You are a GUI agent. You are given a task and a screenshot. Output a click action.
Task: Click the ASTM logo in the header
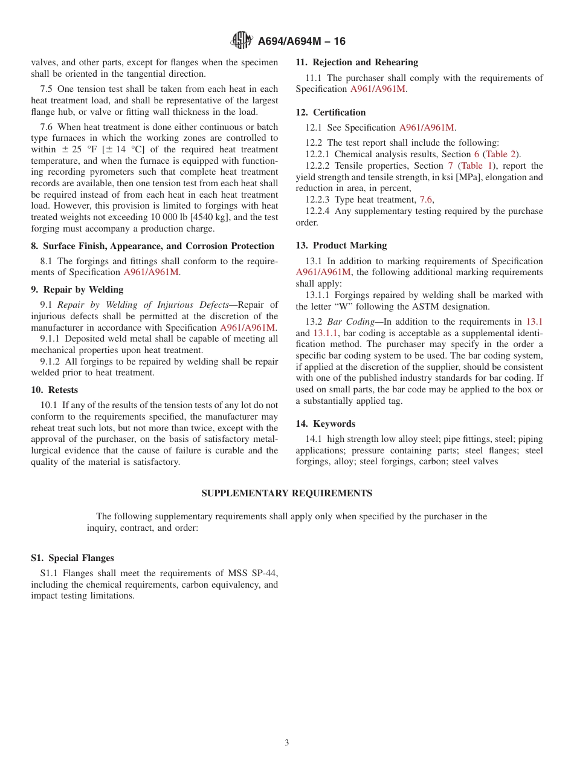[242, 41]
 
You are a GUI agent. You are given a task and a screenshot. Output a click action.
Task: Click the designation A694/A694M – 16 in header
[302, 41]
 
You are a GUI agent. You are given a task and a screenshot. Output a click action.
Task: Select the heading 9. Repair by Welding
[77, 290]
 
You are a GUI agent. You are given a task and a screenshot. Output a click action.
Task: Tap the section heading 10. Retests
[54, 390]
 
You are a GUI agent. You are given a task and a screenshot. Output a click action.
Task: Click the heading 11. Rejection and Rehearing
[356, 62]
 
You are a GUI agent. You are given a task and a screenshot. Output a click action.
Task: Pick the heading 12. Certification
[331, 112]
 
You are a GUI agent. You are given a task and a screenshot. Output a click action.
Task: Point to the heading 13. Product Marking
[341, 245]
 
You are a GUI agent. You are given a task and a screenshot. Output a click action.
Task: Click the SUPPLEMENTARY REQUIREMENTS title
[286, 493]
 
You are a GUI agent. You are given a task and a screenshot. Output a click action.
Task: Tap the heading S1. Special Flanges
[73, 558]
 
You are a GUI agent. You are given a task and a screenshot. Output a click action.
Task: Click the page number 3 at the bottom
[286, 743]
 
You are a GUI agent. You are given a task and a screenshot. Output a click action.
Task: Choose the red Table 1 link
[477, 166]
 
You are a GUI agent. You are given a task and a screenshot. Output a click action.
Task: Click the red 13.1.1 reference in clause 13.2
[326, 333]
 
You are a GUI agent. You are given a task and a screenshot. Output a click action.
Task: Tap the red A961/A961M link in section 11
[378, 89]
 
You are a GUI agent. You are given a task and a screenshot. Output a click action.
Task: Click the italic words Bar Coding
[350, 322]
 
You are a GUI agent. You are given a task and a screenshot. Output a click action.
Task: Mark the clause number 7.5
[47, 89]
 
